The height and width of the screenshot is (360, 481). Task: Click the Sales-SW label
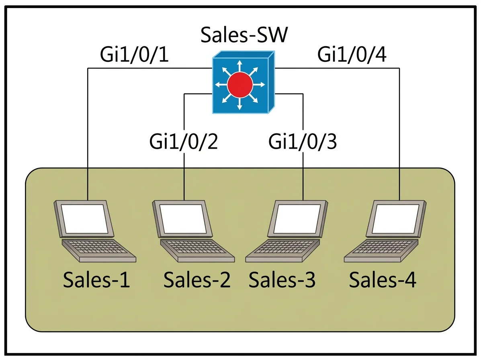[244, 35]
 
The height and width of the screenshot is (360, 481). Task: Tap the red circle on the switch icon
[240, 85]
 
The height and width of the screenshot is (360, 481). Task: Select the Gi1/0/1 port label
[134, 55]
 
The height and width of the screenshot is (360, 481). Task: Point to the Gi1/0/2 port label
[184, 141]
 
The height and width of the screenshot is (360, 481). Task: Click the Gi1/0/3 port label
[303, 141]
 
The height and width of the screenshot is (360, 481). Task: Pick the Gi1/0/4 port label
[352, 55]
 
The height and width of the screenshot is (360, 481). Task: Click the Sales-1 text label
[96, 280]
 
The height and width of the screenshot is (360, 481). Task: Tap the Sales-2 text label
[197, 280]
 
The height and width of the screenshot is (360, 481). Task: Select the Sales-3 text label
[282, 280]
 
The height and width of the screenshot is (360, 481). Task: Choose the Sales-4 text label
[383, 280]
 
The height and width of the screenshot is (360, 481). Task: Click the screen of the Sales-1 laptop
[84, 219]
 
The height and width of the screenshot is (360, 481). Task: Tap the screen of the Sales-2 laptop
[183, 219]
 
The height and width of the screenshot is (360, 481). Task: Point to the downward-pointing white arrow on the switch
[240, 103]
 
